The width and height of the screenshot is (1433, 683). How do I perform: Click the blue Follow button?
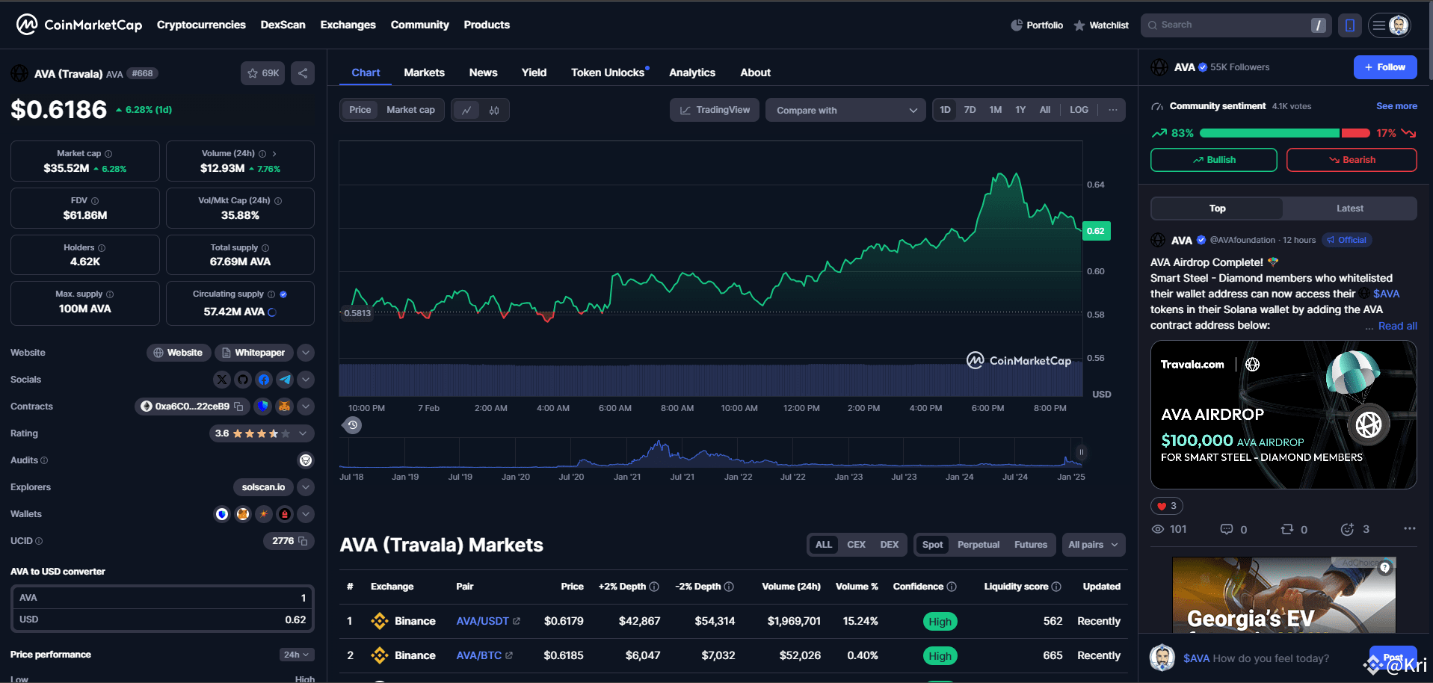point(1384,67)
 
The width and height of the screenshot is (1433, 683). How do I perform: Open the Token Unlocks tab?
point(608,72)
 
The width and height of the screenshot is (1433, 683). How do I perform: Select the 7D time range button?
point(970,110)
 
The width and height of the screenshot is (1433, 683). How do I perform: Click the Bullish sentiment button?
point(1213,160)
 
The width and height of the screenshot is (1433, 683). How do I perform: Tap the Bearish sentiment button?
point(1351,160)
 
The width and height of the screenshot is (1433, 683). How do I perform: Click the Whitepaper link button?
point(253,353)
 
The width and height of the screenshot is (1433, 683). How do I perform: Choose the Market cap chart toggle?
point(410,110)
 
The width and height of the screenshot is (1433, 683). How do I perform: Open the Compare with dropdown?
point(845,111)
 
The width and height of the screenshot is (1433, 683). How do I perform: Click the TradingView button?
point(715,110)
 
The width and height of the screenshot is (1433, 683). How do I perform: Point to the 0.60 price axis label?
point(1095,271)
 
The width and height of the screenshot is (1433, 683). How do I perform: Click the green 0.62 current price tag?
point(1096,231)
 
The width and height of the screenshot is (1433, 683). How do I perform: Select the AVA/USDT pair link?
point(483,621)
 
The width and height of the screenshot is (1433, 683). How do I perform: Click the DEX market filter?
point(889,545)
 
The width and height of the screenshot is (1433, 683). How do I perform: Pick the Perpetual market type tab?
point(978,545)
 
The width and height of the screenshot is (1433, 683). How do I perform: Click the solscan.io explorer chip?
point(263,487)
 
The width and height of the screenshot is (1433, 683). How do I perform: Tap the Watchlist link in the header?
point(1101,25)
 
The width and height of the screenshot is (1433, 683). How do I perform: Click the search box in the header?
point(1233,25)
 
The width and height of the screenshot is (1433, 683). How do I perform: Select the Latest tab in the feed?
point(1349,208)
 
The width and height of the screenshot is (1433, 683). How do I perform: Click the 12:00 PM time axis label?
point(801,408)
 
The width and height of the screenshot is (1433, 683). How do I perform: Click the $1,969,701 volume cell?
point(794,621)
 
